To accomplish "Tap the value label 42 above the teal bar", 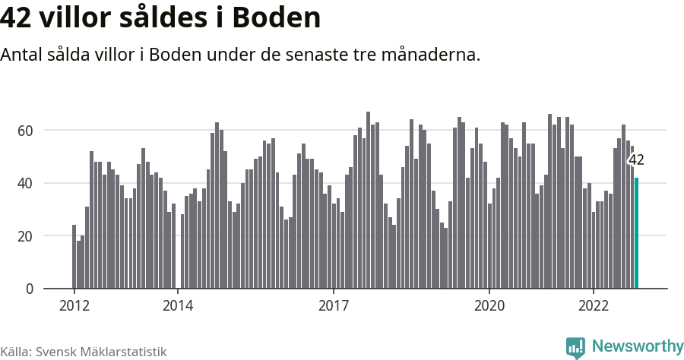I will [x=636, y=160].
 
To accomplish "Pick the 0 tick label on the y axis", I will [x=30, y=289].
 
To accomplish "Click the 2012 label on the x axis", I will [x=74, y=306].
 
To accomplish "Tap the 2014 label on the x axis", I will [x=177, y=306].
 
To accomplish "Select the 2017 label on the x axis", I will [x=333, y=306].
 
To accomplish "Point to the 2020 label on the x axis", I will [x=489, y=306].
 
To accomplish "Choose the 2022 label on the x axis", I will [x=593, y=306].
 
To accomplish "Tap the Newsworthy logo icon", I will [x=575, y=348].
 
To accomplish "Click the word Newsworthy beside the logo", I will [x=637, y=346].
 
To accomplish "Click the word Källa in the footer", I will [x=15, y=352].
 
